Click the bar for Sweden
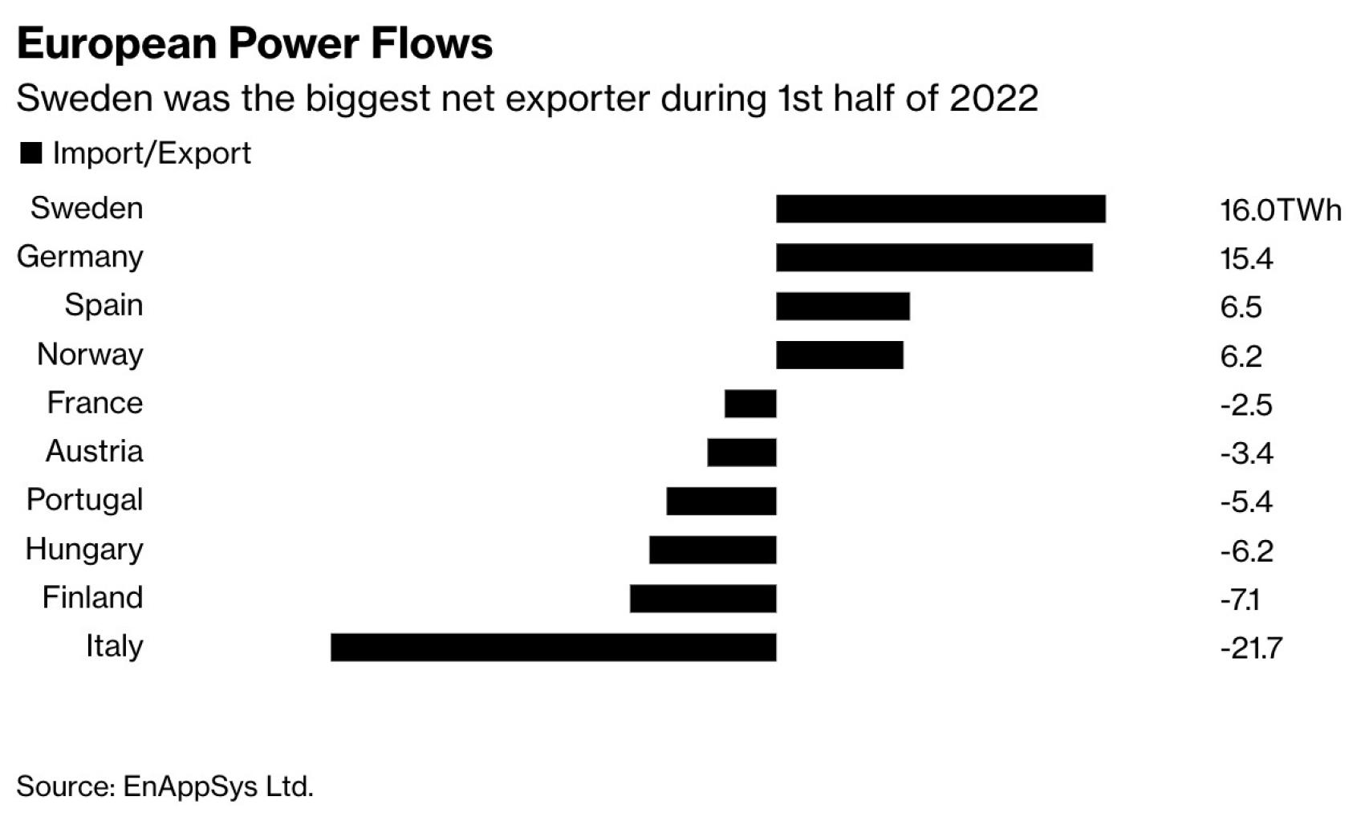coord(940,209)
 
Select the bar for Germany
coord(933,258)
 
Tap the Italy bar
coord(553,647)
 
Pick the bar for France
coord(749,404)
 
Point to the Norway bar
coord(839,355)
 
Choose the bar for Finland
coord(702,599)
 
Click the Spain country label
coord(104,306)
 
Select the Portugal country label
coord(84,500)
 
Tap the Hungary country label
coord(84,550)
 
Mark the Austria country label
coord(94,452)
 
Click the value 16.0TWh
coord(1280,210)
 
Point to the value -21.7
coord(1251,648)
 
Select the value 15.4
coord(1245,259)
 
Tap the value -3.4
coord(1246,453)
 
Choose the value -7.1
coord(1240,599)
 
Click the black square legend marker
coord(30,153)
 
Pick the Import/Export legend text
coord(152,153)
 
